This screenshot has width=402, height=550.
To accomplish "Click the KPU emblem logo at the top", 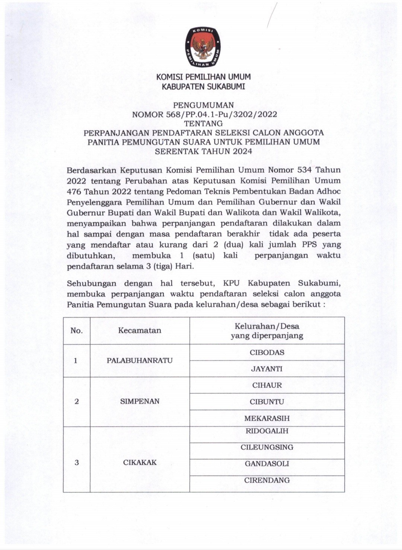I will [x=203, y=47].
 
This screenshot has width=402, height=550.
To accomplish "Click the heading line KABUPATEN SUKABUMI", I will [x=203, y=87].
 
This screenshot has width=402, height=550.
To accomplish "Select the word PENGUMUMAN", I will [x=203, y=105].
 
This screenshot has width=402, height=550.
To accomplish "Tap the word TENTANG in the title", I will [x=203, y=124].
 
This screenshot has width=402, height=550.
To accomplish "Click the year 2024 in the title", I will [x=243, y=151].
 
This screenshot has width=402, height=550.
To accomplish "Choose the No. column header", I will [x=77, y=330].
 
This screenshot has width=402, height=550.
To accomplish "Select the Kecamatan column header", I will [x=140, y=330].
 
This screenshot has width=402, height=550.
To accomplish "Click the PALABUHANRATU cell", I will [x=140, y=361].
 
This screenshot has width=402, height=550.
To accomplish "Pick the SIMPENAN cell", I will [x=140, y=402].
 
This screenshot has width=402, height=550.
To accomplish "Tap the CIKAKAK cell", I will [x=140, y=463].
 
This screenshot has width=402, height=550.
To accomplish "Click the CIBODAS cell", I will [x=267, y=352].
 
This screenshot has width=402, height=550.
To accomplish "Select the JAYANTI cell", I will [x=267, y=369].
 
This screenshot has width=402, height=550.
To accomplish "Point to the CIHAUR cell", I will [x=267, y=385].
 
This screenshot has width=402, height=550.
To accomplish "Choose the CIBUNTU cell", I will [x=267, y=402].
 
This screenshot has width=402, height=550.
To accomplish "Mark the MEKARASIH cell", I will [x=267, y=418].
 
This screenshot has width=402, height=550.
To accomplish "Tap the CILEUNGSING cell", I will [x=267, y=447].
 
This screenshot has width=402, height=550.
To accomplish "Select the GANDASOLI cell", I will [x=267, y=464].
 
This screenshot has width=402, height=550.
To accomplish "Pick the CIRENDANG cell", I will [x=267, y=480].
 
